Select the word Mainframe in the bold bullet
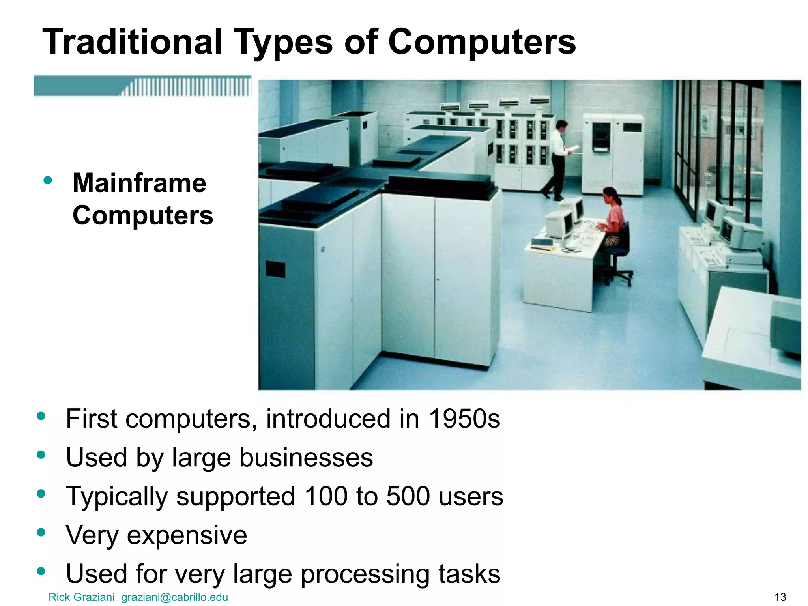[x=139, y=183]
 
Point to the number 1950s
[x=464, y=419]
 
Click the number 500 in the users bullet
[x=408, y=496]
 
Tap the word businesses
[x=306, y=458]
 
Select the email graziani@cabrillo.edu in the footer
[x=174, y=597]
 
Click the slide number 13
[x=780, y=597]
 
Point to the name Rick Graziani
[x=81, y=597]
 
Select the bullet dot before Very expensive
[x=41, y=533]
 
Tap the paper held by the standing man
[x=573, y=148]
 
